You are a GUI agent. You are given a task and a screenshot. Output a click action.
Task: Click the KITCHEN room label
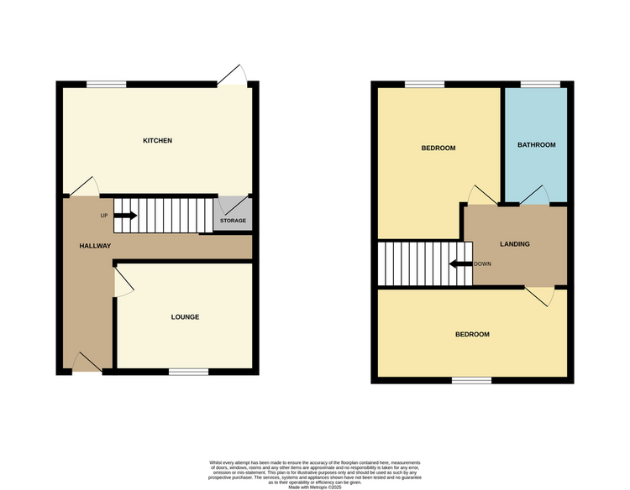point(157,140)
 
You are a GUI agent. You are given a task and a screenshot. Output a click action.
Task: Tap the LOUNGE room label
point(185,317)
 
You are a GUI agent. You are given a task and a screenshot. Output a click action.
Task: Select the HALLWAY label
point(95,246)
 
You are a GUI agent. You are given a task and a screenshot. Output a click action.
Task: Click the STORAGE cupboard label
point(233,222)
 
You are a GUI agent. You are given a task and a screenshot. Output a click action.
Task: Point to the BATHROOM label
point(536,145)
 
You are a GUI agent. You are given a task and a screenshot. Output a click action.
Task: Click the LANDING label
point(514,244)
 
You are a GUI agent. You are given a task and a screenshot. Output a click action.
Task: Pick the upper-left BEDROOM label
point(438,149)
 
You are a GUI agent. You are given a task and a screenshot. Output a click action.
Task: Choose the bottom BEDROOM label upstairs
point(472,334)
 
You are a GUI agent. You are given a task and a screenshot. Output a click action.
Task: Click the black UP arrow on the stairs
point(125,216)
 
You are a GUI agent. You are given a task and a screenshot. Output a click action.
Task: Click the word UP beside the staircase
point(104,216)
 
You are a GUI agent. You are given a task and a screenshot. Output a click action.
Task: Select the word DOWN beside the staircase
point(482,264)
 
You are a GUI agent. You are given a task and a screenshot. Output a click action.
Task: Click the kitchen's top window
point(106,83)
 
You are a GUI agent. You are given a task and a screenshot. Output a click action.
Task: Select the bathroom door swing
point(535,195)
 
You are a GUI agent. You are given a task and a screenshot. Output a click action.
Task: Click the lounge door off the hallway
point(122,282)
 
